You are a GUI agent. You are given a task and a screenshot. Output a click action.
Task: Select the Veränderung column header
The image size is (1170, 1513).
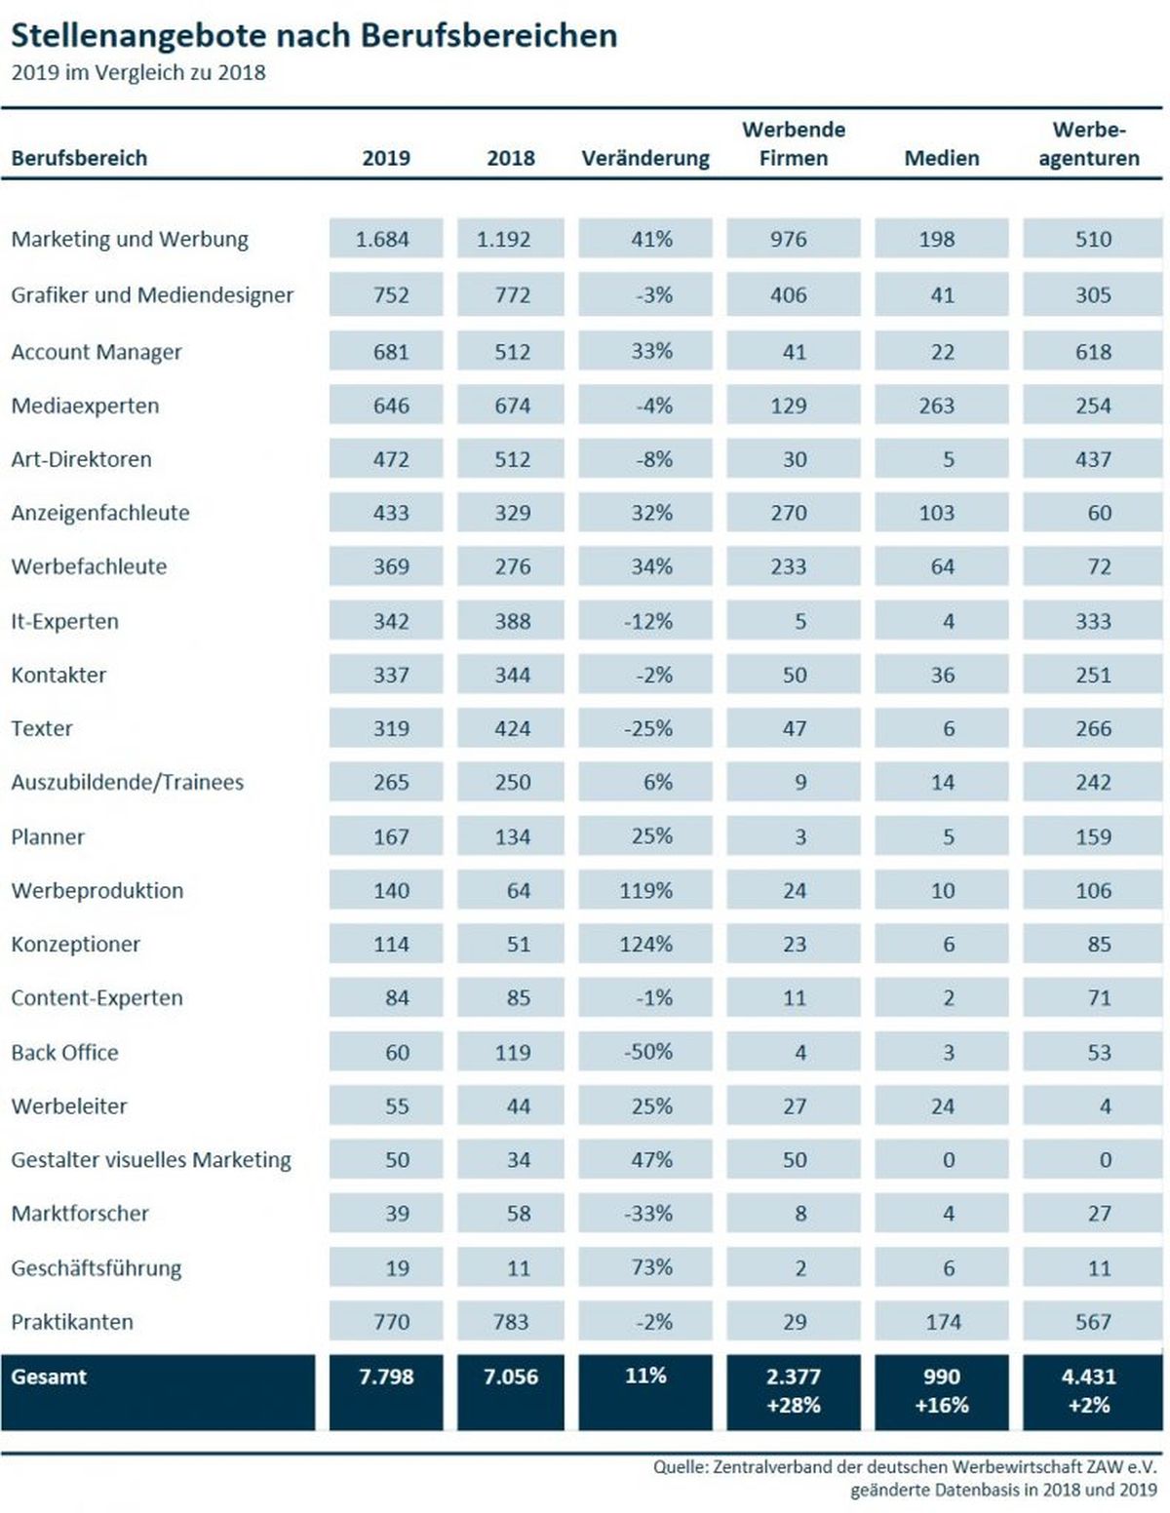pos(645,158)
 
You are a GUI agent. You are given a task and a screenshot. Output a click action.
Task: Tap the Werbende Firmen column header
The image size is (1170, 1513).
pos(794,143)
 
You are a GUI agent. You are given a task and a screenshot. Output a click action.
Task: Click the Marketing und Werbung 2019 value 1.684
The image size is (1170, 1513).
pos(382,239)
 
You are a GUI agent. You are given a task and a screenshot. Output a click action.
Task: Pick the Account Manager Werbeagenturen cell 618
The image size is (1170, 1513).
pos(1093,352)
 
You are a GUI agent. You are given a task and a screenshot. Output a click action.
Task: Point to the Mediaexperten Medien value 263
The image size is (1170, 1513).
pos(936,406)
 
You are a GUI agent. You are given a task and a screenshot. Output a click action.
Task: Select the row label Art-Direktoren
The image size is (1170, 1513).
pos(82,459)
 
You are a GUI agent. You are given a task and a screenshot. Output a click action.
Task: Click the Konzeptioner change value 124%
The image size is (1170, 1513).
pos(645,944)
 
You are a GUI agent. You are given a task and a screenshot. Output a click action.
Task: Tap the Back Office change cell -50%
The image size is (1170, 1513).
pos(648,1051)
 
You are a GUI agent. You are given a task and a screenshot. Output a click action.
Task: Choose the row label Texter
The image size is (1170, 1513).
pos(42,728)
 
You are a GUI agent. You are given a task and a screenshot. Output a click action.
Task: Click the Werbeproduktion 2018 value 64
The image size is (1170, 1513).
pos(519,890)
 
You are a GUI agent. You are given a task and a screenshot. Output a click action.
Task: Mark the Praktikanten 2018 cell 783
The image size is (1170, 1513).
pos(512,1322)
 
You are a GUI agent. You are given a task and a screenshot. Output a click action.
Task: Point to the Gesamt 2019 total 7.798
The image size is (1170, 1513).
pos(386,1376)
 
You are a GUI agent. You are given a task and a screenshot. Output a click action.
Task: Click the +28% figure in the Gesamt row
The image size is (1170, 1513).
pos(794,1405)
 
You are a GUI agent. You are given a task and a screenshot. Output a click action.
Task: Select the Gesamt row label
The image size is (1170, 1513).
pos(49,1376)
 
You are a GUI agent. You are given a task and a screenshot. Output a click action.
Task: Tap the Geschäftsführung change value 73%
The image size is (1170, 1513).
pos(651,1267)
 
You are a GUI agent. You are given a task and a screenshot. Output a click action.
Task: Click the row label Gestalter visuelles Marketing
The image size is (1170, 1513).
pos(151,1160)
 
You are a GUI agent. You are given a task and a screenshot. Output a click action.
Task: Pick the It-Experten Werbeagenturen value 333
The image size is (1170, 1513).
pos(1093,621)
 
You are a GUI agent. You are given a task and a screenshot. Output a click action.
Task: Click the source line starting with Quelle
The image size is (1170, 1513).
pos(905,1467)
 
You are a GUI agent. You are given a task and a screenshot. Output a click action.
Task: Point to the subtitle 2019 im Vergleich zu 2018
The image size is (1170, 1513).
pos(138,73)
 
